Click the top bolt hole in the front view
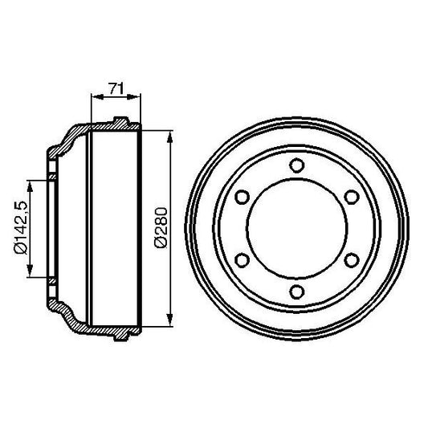point(296,166)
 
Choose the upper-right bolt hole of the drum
point(350,197)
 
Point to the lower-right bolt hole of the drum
point(350,259)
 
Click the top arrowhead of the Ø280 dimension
point(170,137)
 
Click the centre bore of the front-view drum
point(296,228)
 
